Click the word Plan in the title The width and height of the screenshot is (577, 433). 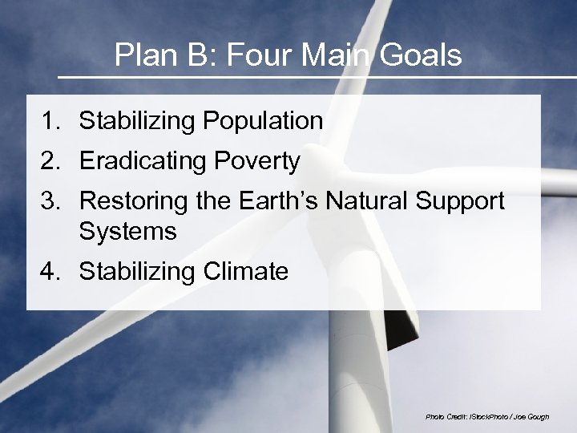(141, 55)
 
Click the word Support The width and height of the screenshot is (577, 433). (463, 200)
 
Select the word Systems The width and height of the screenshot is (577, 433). (127, 232)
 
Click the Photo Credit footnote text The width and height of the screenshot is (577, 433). (487, 417)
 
